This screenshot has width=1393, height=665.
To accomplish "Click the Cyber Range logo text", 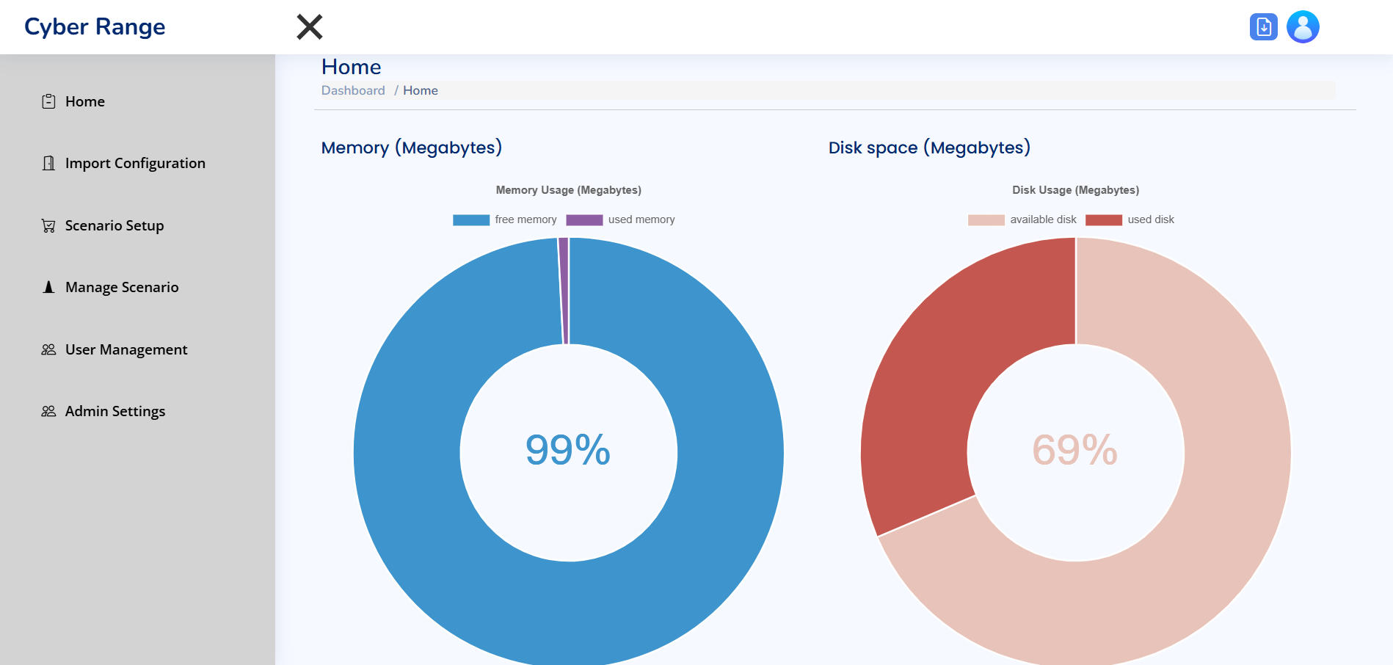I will point(95,27).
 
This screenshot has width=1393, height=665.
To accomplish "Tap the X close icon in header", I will point(310,27).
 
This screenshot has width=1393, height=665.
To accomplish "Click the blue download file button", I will point(1263,27).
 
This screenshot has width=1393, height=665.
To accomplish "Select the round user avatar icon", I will point(1303,27).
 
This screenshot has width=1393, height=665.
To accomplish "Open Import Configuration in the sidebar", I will point(134,163).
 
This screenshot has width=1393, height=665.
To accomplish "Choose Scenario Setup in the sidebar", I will point(114,225).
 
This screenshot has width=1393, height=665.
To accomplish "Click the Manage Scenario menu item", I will point(121,287).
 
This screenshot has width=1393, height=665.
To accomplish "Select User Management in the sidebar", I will point(126,349).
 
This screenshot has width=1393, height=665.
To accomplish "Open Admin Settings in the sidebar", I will point(114,411).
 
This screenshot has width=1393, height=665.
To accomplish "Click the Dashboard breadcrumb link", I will point(353,90).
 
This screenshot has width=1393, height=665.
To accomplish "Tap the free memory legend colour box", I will point(471,219).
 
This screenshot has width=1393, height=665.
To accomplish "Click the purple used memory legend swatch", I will point(584,219).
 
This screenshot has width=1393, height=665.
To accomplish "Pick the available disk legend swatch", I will point(986,219).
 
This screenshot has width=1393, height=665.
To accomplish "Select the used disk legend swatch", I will point(1103,219).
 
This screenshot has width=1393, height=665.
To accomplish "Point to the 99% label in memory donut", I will point(568,450).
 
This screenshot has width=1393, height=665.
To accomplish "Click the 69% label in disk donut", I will point(1075,450).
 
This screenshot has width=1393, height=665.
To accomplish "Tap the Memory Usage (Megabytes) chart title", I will point(568,190).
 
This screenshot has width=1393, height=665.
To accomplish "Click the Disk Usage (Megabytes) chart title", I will point(1075,190).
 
